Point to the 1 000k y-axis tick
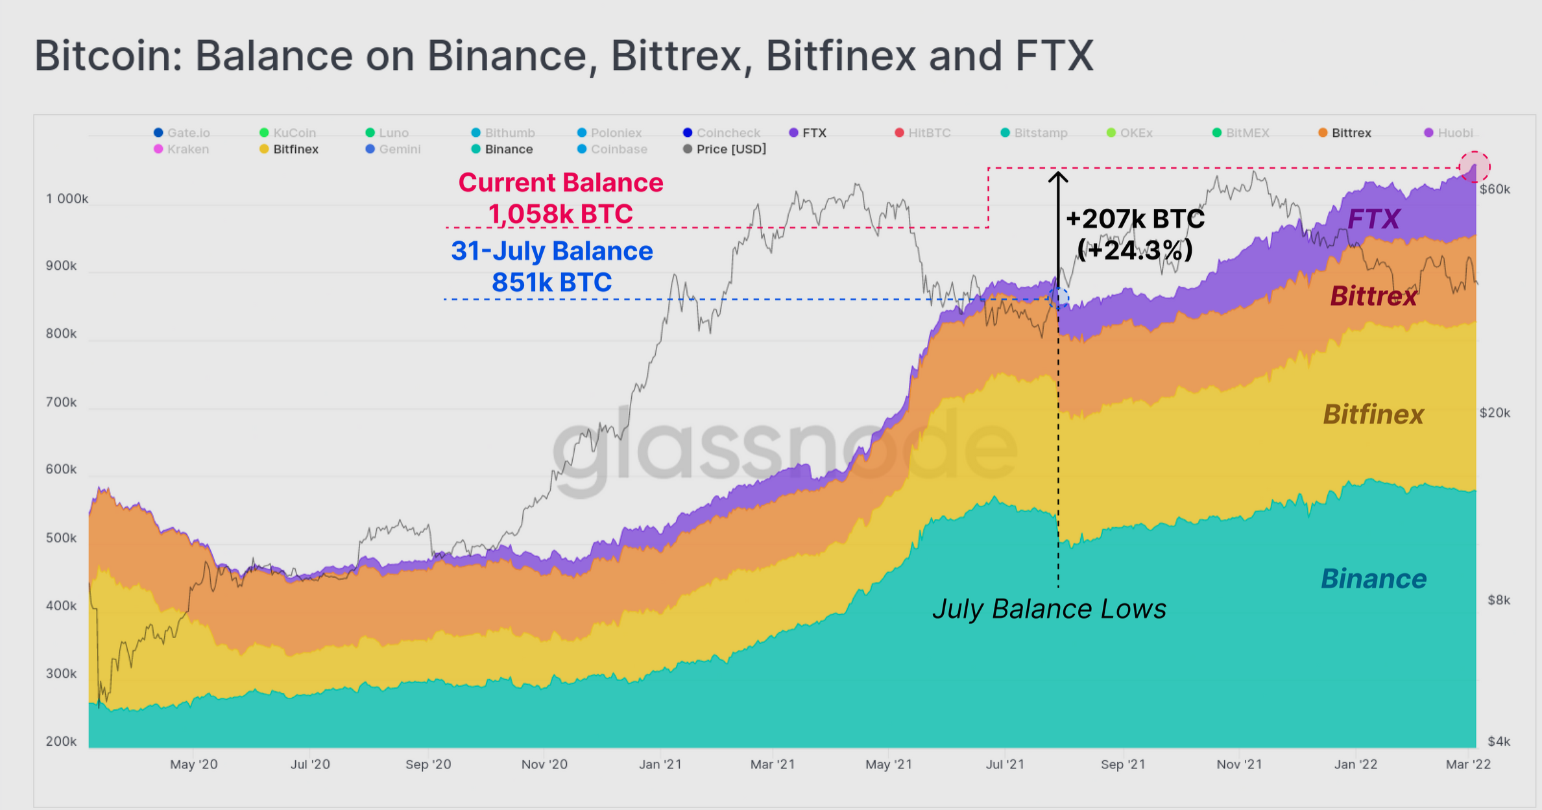pyautogui.click(x=67, y=198)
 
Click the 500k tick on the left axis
pyautogui.click(x=61, y=538)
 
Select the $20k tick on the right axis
pyautogui.click(x=1495, y=413)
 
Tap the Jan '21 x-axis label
pyautogui.click(x=660, y=764)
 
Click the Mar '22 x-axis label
pyautogui.click(x=1468, y=764)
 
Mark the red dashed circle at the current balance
pyautogui.click(x=1475, y=167)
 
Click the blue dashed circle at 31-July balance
pyautogui.click(x=1058, y=298)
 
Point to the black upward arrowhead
pyautogui.click(x=1058, y=176)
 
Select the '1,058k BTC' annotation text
pyautogui.click(x=560, y=214)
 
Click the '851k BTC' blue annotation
pyautogui.click(x=551, y=282)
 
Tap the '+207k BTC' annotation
pyautogui.click(x=1135, y=219)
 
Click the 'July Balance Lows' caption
pyautogui.click(x=1049, y=609)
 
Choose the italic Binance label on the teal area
pyautogui.click(x=1373, y=578)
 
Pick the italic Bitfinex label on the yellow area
pyautogui.click(x=1373, y=414)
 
